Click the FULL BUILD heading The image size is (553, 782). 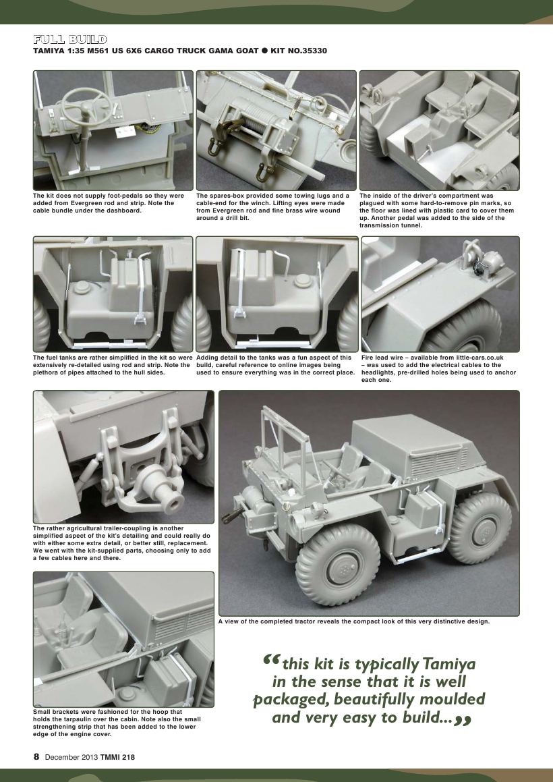point(69,39)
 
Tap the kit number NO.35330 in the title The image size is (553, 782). point(308,51)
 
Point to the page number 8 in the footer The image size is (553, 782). point(36,757)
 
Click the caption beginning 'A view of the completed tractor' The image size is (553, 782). point(353,621)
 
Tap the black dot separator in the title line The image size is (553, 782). point(265,51)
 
